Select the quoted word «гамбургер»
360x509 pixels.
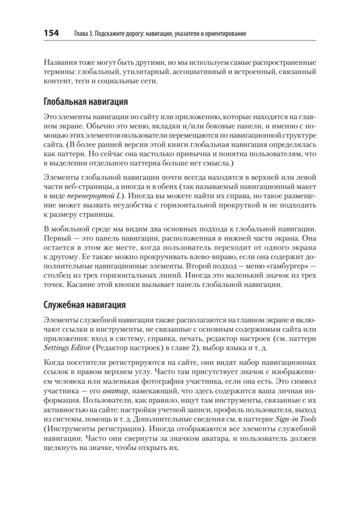point(285,266)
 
